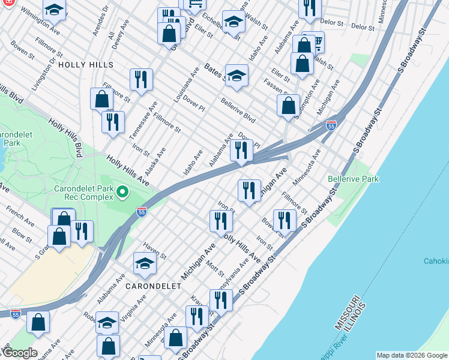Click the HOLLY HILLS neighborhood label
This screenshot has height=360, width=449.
86,64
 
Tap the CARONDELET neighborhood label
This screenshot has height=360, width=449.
153,286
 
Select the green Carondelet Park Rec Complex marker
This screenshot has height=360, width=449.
122,193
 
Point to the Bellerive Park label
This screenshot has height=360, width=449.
353,179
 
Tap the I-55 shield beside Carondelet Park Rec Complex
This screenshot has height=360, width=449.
141,212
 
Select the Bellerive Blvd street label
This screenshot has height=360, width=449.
238,110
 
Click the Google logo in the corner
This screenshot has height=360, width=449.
19,353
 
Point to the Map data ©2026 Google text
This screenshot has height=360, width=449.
411,355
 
